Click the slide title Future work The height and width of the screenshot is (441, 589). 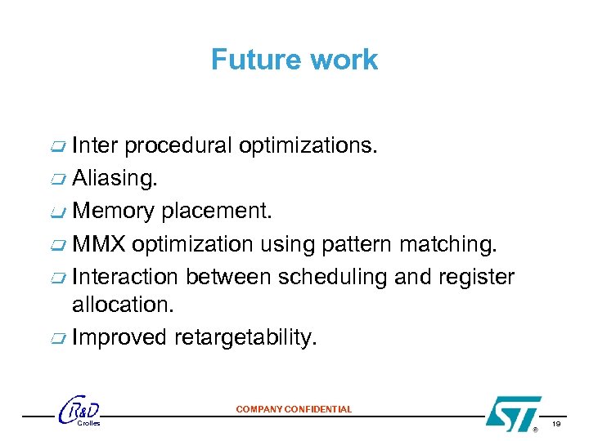294,60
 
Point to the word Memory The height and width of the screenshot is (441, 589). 114,212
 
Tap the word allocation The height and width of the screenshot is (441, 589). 123,305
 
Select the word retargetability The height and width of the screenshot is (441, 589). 244,337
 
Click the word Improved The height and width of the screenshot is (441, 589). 119,337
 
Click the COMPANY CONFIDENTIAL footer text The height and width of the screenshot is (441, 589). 294,409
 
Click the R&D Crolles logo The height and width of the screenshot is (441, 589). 80,412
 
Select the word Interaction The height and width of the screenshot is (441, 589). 125,278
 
